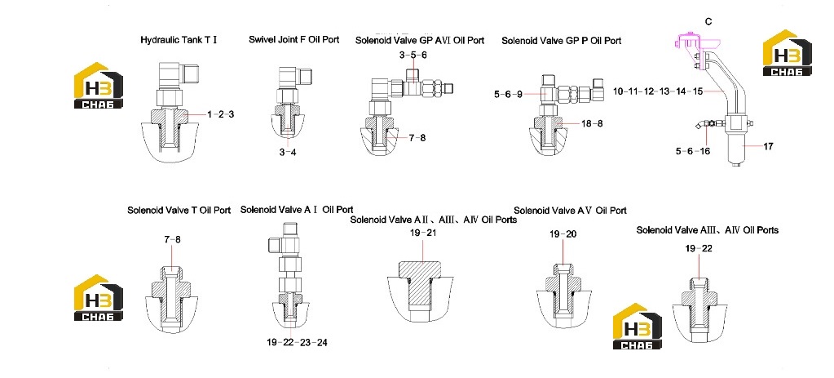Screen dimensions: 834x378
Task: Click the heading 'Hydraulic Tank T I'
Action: pyautogui.click(x=179, y=40)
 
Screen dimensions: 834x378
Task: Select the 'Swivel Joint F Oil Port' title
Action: pyautogui.click(x=293, y=40)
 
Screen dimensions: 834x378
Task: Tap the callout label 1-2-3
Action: pyautogui.click(x=221, y=114)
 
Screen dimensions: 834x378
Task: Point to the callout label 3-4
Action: pyautogui.click(x=288, y=153)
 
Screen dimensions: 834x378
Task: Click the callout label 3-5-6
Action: pyautogui.click(x=413, y=55)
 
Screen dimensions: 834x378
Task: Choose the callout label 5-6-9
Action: pyautogui.click(x=508, y=94)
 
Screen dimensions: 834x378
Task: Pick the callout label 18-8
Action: pyautogui.click(x=592, y=123)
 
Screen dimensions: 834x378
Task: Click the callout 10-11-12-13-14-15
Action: pyautogui.click(x=658, y=91)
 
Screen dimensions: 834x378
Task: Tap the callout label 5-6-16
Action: pyautogui.click(x=693, y=151)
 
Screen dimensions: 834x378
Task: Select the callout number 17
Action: pyautogui.click(x=768, y=146)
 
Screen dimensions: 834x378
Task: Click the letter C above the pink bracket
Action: pyautogui.click(x=708, y=22)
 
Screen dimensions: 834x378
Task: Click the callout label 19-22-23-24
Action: pyautogui.click(x=297, y=342)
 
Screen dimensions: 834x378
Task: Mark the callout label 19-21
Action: pyautogui.click(x=423, y=233)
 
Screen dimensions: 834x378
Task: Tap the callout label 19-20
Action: pyautogui.click(x=563, y=233)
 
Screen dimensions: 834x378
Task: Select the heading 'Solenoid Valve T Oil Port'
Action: pyautogui.click(x=179, y=211)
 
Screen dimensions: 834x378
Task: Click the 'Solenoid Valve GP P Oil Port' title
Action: pyautogui.click(x=561, y=41)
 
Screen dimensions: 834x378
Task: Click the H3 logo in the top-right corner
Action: pyautogui.click(x=787, y=53)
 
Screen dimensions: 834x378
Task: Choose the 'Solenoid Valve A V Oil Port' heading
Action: pyautogui.click(x=570, y=211)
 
